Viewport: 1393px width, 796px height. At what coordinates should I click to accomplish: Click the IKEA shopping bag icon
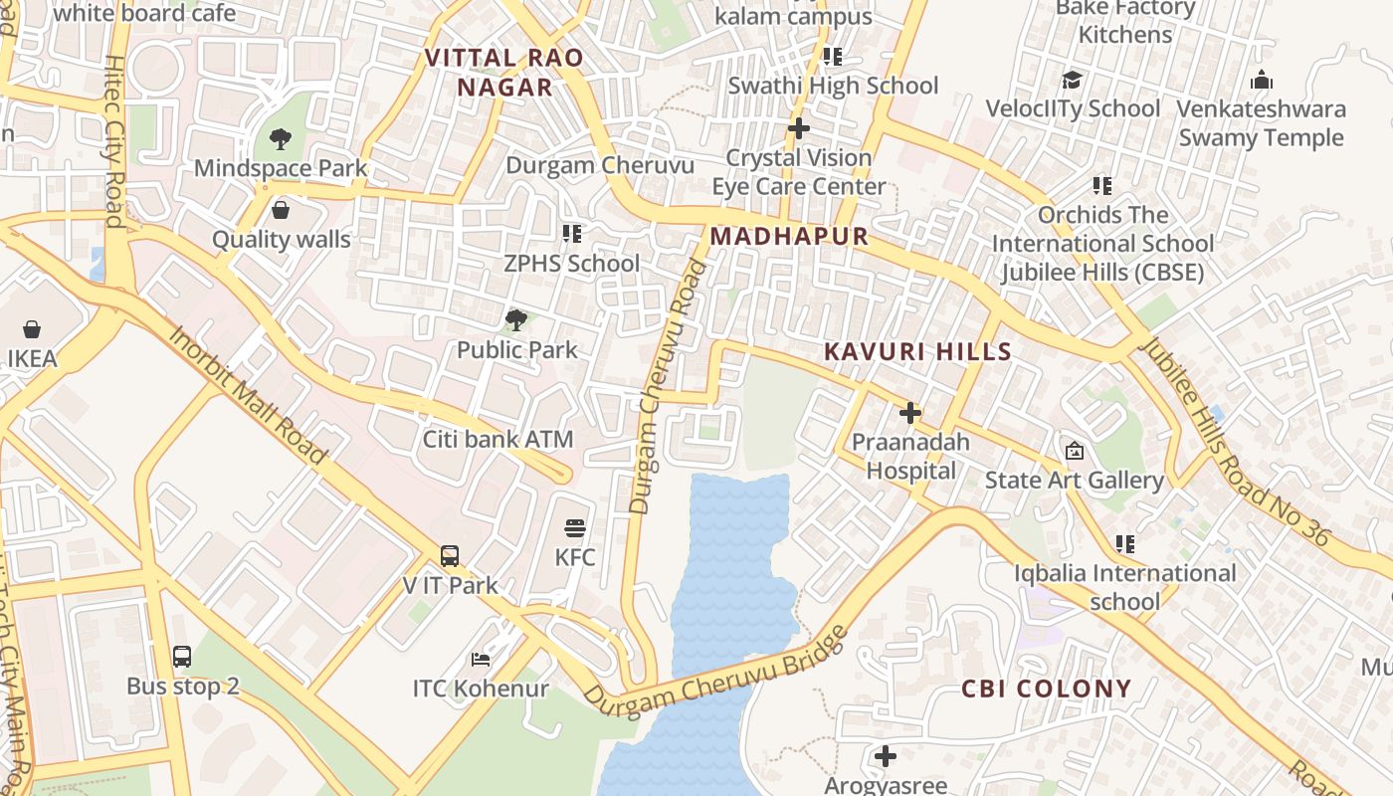[x=32, y=329]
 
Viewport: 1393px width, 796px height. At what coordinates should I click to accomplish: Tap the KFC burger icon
[x=574, y=528]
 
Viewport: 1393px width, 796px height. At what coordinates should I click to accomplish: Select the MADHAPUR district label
[x=790, y=237]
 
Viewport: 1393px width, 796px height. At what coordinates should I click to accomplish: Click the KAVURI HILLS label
[x=917, y=351]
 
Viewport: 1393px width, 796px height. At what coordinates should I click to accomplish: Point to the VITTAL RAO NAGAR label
[x=504, y=73]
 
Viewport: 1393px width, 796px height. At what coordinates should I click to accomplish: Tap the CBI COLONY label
[x=1046, y=689]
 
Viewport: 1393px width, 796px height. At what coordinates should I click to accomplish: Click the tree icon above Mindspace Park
[x=281, y=139]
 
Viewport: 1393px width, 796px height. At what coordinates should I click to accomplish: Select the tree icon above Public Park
[x=515, y=320]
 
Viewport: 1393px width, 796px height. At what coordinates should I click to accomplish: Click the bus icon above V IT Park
[x=450, y=556]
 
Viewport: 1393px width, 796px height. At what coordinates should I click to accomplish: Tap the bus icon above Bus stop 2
[x=182, y=657]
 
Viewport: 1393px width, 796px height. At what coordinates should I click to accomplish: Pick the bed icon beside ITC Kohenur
[x=481, y=660]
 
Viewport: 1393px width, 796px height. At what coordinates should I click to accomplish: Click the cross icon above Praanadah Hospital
[x=909, y=413]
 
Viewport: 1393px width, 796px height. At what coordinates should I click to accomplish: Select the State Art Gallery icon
[x=1074, y=452]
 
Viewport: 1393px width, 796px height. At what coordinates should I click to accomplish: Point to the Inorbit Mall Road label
[x=248, y=394]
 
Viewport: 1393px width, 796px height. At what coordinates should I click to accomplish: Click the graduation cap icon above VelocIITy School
[x=1072, y=80]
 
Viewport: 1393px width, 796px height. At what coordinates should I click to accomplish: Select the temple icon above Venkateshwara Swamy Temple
[x=1261, y=80]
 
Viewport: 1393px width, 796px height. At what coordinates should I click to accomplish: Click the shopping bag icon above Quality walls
[x=281, y=210]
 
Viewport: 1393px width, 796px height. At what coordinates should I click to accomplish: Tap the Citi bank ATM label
[x=497, y=439]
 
